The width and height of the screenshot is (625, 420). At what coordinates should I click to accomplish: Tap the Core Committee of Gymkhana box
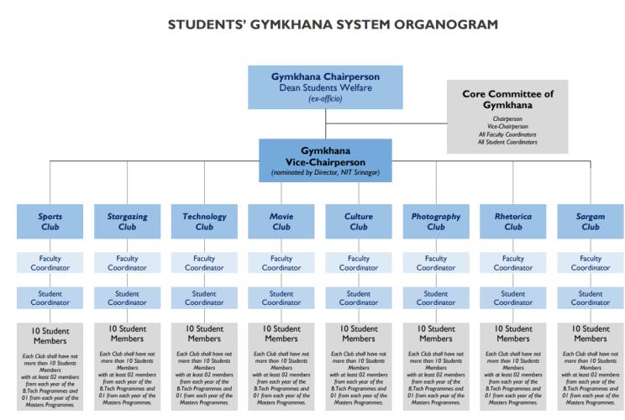507,116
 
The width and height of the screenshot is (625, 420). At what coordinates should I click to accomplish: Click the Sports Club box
50,221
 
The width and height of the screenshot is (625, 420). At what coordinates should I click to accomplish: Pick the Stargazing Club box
127,221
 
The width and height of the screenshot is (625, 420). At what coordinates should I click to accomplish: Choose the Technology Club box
204,221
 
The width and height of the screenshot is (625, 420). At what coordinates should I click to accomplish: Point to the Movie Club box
281,221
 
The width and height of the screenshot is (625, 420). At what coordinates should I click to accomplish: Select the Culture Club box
359,221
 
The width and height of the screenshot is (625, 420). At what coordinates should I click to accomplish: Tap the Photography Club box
436,221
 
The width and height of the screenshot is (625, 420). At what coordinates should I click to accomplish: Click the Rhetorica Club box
513,221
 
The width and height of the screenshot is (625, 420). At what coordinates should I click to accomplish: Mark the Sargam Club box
591,221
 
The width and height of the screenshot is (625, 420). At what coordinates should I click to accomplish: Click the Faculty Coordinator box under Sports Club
50,263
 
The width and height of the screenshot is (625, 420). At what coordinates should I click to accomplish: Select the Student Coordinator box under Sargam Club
591,298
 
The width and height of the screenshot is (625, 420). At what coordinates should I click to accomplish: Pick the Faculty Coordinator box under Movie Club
281,263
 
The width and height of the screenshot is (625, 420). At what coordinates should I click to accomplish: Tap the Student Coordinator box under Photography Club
436,298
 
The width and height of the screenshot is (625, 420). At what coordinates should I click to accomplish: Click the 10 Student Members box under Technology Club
204,366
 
